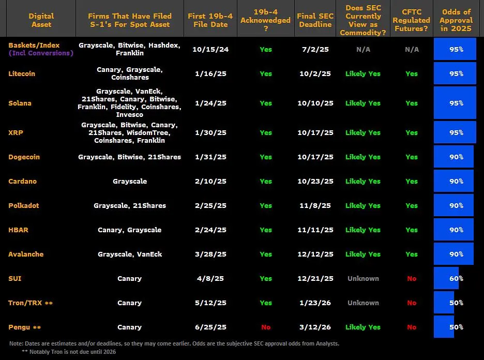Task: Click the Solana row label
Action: pos(20,103)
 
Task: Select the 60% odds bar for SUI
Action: pos(446,278)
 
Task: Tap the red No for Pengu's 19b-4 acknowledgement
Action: pos(266,327)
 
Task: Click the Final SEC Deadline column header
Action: pos(315,20)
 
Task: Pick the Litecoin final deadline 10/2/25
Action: pos(315,73)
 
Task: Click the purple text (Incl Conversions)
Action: pos(41,53)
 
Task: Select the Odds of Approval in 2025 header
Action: pos(456,20)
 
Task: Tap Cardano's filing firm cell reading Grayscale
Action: pos(130,181)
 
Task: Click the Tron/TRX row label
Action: pos(31,303)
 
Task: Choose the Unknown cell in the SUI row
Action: pos(363,278)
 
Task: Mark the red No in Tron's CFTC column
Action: pos(412,303)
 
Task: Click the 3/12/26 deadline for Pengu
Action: pos(315,327)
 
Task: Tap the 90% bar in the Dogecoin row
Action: pos(453,157)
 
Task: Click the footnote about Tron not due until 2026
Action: pos(69,352)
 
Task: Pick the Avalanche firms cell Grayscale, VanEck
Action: pos(130,254)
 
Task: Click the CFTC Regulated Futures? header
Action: pos(412,20)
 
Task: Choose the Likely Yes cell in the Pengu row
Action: pos(363,327)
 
